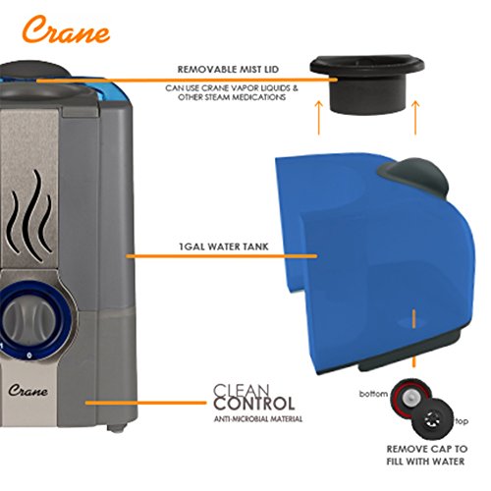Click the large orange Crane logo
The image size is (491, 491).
(x=67, y=30)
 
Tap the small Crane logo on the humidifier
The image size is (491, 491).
(x=28, y=390)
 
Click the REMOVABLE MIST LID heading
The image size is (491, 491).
(x=228, y=70)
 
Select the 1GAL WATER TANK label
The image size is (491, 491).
(x=224, y=246)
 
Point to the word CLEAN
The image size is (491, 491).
(x=242, y=391)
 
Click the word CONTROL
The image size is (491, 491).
(x=254, y=404)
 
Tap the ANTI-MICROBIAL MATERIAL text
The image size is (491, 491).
(x=258, y=419)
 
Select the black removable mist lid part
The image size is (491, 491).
(x=367, y=82)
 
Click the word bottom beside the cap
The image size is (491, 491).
(x=373, y=394)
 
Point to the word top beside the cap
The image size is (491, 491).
(x=462, y=421)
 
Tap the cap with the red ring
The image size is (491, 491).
(x=410, y=398)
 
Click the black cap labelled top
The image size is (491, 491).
(x=433, y=419)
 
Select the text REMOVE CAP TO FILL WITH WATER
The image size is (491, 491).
(x=426, y=456)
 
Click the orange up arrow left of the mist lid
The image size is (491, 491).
(x=319, y=118)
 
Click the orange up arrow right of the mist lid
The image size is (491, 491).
(x=415, y=118)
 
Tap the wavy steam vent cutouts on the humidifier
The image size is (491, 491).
(x=31, y=215)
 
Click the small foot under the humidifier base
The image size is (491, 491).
(x=118, y=427)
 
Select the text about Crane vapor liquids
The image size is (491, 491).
(x=232, y=92)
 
